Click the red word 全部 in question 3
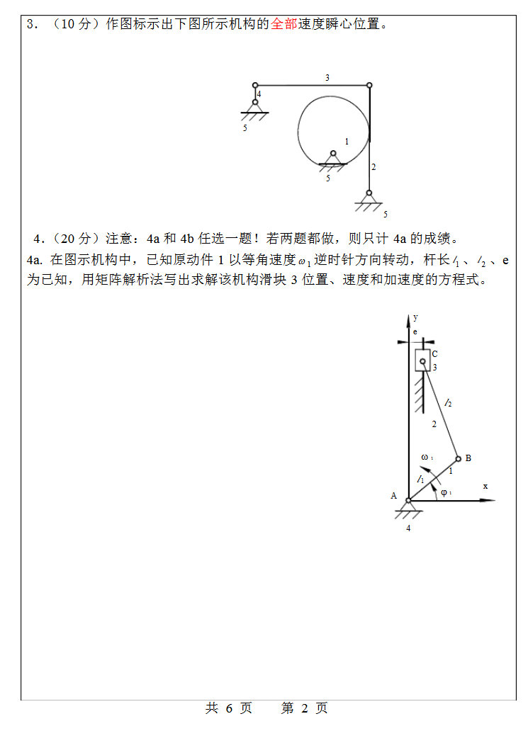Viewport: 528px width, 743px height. pos(283,24)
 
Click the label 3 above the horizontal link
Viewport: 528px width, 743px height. pos(327,78)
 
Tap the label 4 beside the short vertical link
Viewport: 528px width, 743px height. pos(259,93)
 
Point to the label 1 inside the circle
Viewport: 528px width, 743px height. pos(347,142)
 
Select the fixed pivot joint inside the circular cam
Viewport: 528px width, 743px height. pos(332,153)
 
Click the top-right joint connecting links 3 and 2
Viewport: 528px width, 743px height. pos(369,85)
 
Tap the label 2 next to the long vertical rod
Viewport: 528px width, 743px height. pos(373,167)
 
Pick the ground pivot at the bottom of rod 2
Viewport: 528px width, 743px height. pos(369,193)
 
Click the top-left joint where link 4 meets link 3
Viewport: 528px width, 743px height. pos(255,85)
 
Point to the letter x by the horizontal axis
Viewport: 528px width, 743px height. pos(485,486)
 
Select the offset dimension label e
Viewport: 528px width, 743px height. pos(415,331)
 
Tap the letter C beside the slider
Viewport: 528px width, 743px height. pos(434,353)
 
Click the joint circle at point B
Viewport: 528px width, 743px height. pos(458,458)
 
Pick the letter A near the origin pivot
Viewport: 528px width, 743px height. pos(394,496)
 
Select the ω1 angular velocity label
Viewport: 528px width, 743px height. pos(427,457)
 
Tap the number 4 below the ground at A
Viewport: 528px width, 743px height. pos(408,527)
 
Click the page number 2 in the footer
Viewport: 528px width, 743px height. pos(305,708)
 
